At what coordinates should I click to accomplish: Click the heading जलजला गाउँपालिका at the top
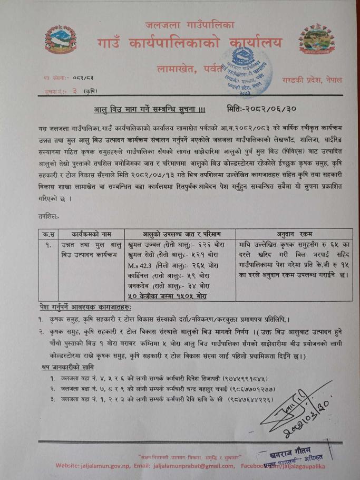(x=190, y=25)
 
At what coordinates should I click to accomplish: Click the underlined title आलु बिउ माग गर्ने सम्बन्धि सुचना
(x=150, y=109)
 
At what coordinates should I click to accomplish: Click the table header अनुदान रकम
(x=294, y=234)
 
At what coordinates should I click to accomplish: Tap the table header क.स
(x=48, y=234)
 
